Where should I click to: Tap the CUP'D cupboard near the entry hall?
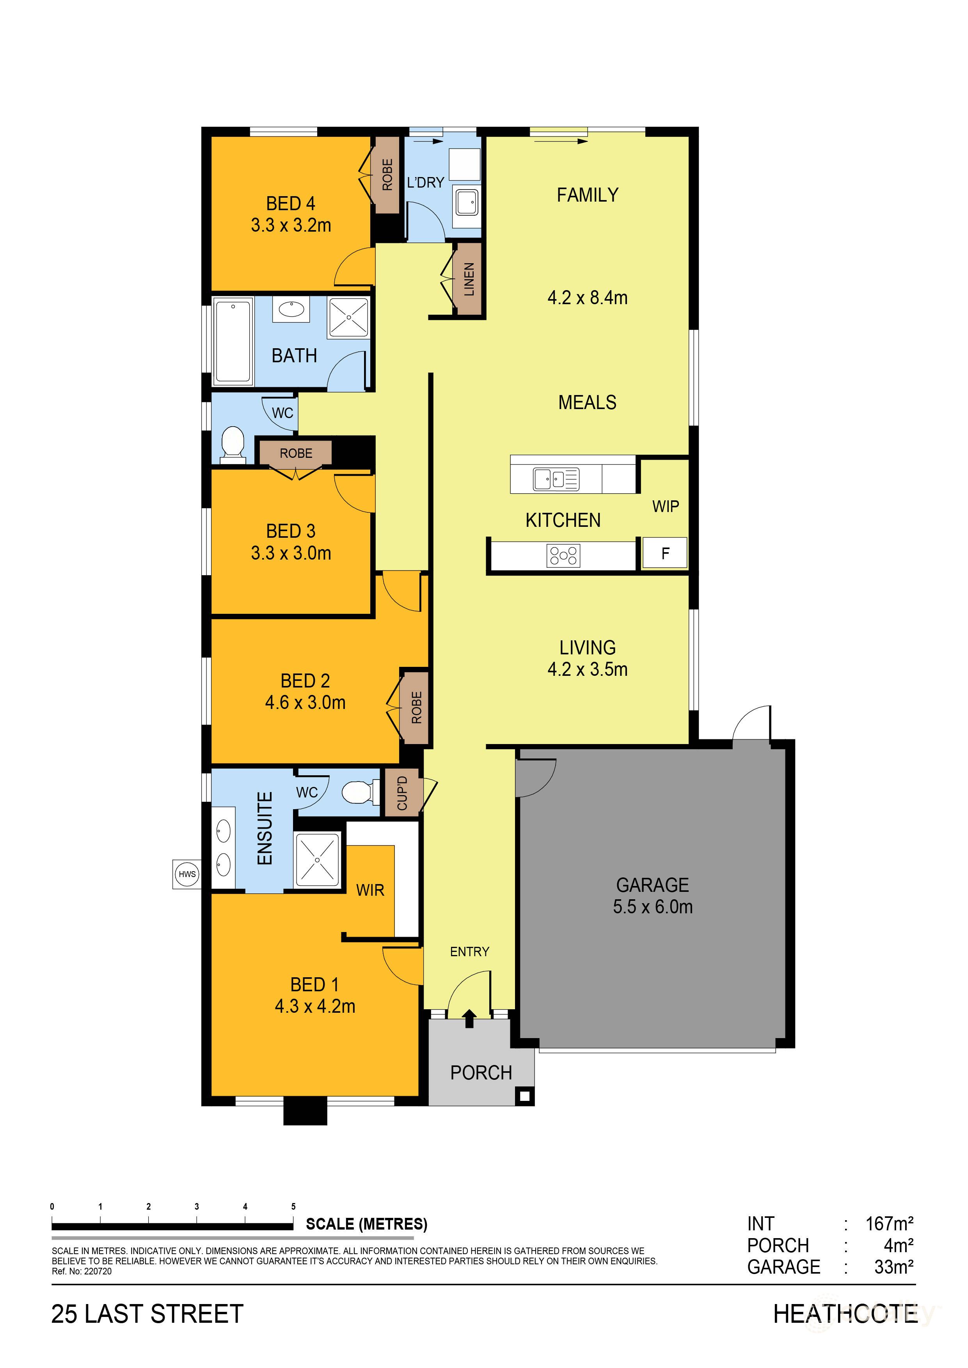point(402,793)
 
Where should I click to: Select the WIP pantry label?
point(665,507)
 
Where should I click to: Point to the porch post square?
point(524,1096)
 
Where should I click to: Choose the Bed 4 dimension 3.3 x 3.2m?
point(291,225)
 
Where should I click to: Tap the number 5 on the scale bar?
point(293,1207)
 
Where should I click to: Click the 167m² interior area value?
point(889,1224)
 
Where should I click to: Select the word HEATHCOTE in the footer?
point(845,1314)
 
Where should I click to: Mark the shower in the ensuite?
point(317,860)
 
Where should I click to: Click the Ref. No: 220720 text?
point(82,1271)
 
